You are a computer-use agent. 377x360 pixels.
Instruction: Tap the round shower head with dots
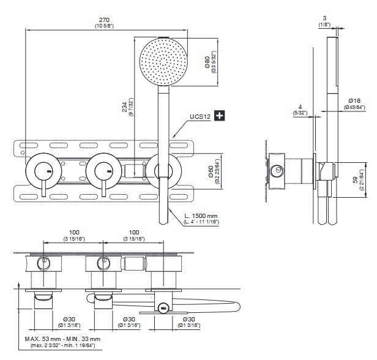[162, 61]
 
